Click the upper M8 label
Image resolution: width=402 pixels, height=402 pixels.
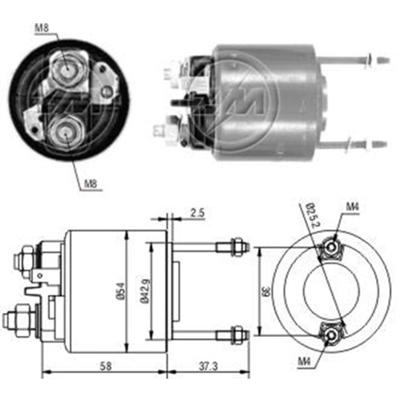pyautogui.click(x=42, y=30)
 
